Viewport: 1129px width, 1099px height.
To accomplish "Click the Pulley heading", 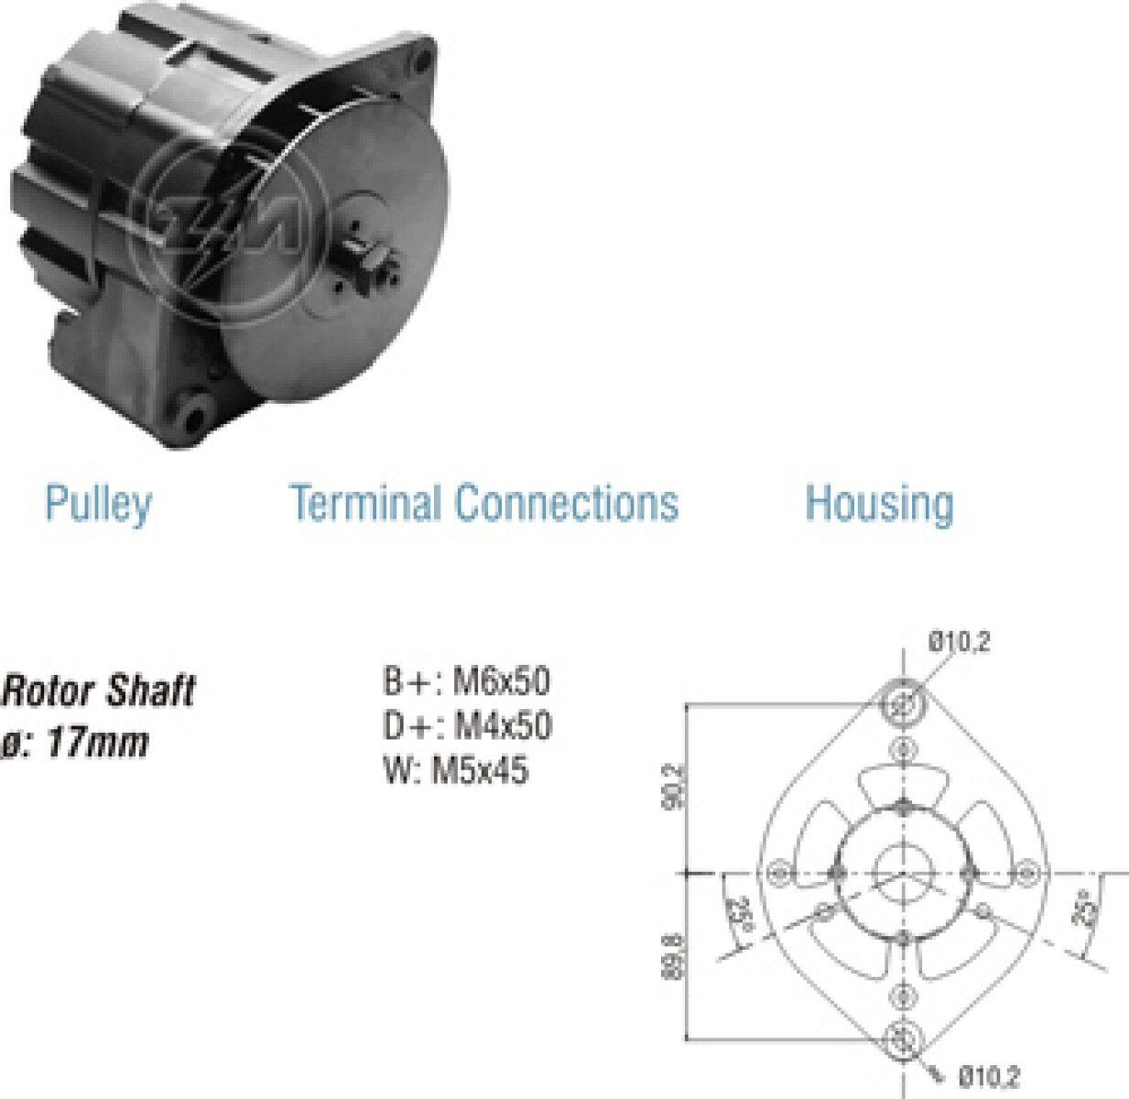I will (x=98, y=504).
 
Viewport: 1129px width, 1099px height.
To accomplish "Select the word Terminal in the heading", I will (x=365, y=503).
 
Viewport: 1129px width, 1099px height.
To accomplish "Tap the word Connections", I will (x=567, y=503).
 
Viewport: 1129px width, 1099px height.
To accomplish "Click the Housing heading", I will (x=879, y=504).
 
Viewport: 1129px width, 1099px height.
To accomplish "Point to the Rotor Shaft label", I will (x=99, y=691).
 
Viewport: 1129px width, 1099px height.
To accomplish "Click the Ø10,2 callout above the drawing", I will (x=959, y=641).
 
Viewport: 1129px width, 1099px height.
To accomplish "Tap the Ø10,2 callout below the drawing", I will (x=989, y=1077).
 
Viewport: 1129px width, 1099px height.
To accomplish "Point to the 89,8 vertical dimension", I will (x=673, y=956).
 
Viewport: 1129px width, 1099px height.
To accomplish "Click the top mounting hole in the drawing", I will (x=903, y=704).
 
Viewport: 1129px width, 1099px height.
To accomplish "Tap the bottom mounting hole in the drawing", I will (x=903, y=1039).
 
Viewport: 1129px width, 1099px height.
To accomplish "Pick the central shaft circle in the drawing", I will (x=903, y=873).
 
